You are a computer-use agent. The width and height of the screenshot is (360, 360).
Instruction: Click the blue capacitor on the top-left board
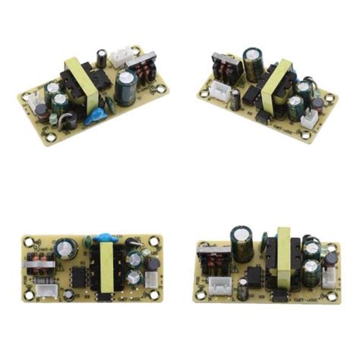pos(96,116)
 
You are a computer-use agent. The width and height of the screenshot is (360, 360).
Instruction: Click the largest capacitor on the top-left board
pos(125,85)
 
